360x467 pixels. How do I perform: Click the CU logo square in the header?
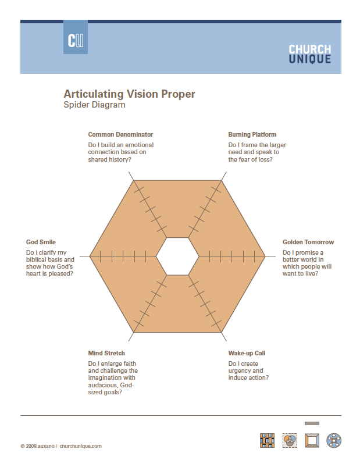click(x=76, y=37)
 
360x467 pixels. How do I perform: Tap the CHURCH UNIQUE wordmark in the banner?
click(x=309, y=54)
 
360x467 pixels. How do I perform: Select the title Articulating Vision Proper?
click(x=129, y=94)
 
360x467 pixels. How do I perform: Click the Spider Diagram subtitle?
click(x=94, y=105)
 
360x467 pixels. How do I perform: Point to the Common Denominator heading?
click(x=120, y=134)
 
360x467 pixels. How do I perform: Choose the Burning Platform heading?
click(x=252, y=134)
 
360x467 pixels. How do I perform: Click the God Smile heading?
click(x=41, y=242)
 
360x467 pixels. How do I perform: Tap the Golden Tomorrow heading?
click(x=308, y=242)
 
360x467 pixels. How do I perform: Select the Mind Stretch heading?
click(x=106, y=353)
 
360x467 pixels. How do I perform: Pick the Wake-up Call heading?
click(x=247, y=353)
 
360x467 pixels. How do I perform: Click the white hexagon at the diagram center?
click(x=177, y=256)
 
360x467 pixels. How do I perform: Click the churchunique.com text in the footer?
click(x=80, y=446)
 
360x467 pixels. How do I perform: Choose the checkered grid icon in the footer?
click(x=267, y=440)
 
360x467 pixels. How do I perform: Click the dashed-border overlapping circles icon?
click(x=290, y=440)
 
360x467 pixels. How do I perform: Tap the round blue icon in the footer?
click(x=334, y=440)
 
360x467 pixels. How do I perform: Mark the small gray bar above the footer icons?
click(x=312, y=423)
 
